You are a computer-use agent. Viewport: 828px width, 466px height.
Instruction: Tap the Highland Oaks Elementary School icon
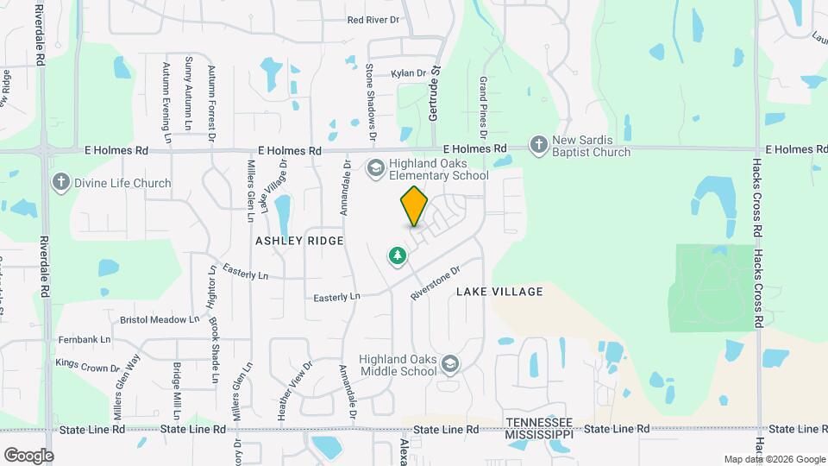(375, 167)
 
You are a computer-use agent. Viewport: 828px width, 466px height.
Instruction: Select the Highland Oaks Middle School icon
(448, 365)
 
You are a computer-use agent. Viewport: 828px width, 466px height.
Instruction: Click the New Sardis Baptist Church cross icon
(539, 145)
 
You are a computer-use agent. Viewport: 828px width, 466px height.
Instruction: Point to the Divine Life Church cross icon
(60, 182)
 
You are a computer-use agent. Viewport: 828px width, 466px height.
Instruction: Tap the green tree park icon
(397, 255)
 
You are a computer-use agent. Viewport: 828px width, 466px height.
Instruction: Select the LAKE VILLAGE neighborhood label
(499, 292)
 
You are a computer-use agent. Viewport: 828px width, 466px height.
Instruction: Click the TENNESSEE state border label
(539, 422)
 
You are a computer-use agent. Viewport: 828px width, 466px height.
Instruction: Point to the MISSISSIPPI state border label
(539, 433)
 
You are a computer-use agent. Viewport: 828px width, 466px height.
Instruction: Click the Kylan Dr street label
(409, 74)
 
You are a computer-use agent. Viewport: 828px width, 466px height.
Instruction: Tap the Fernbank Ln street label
(85, 340)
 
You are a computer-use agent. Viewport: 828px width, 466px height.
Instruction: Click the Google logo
(28, 455)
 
